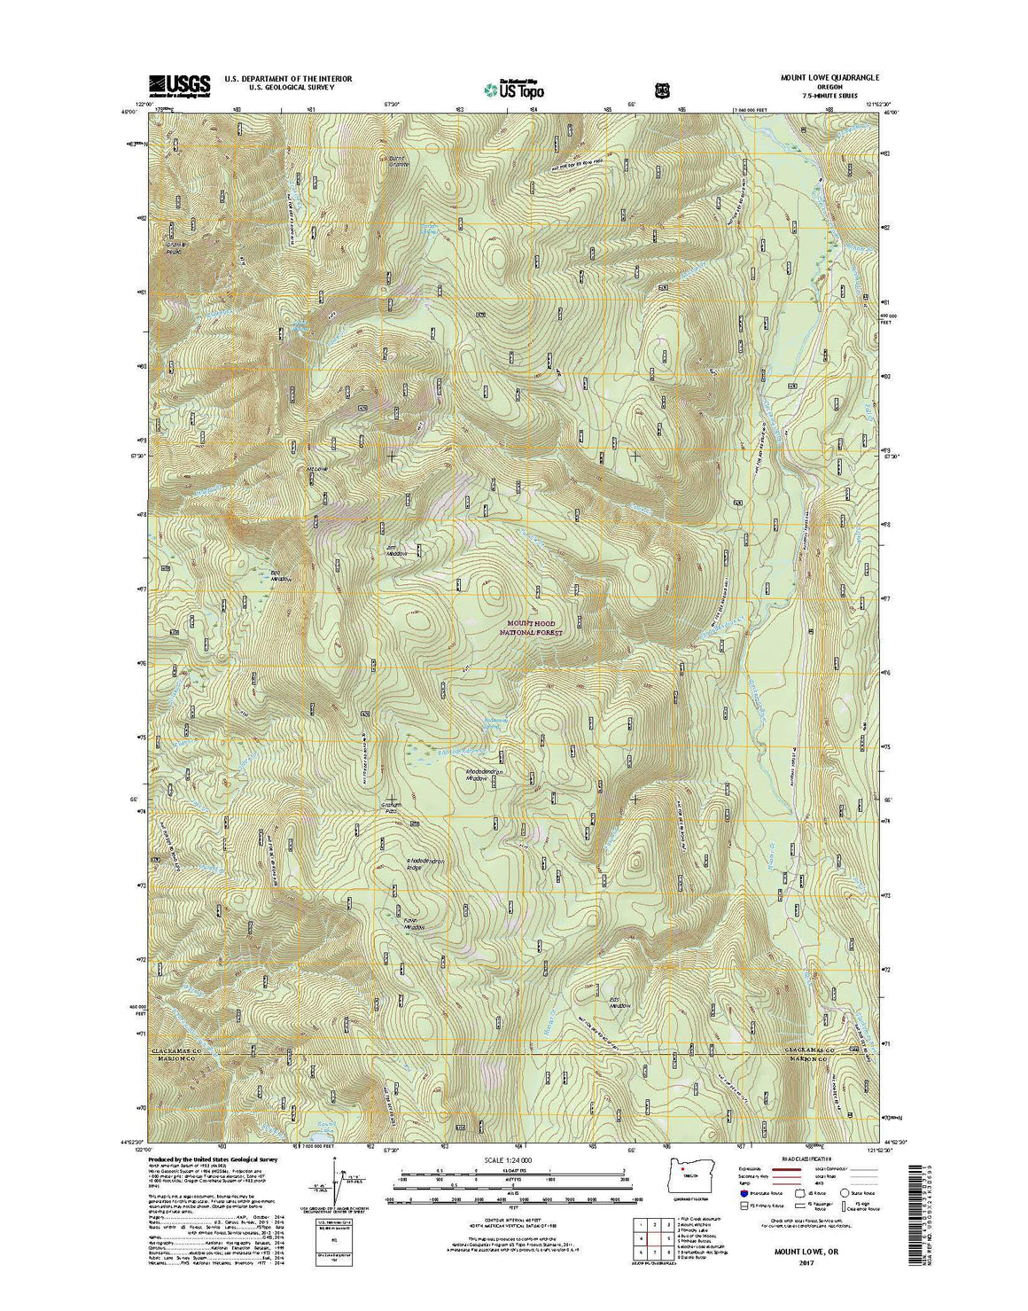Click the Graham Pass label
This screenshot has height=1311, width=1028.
(x=392, y=808)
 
